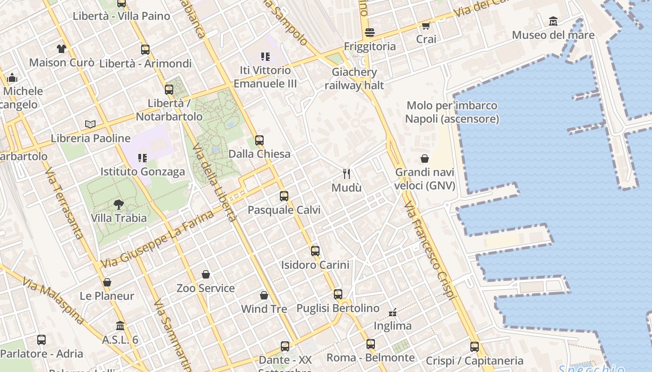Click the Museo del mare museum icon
coord(553,21)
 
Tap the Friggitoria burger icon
coord(370,33)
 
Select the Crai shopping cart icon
coord(426,26)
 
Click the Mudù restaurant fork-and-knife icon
coord(346,174)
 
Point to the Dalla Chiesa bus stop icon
coord(259,140)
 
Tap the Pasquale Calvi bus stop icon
coord(284,196)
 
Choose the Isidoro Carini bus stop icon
coord(315,251)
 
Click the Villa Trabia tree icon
coord(119,204)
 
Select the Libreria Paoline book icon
coord(90,124)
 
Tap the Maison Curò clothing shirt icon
coord(61,48)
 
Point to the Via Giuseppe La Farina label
coord(157,239)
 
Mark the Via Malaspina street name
coord(53,301)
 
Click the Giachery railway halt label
coord(354,79)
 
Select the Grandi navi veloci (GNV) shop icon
coord(425,159)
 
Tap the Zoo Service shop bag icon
coord(206,274)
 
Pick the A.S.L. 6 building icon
coord(120,325)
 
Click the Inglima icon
coord(393,312)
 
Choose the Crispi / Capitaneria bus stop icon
coord(475,346)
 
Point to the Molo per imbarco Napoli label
coord(452,112)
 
